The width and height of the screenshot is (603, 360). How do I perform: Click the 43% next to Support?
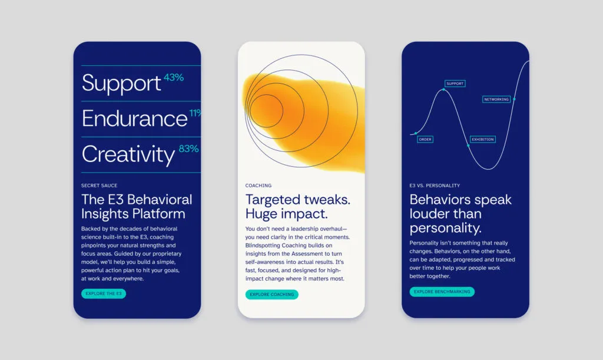tap(174, 77)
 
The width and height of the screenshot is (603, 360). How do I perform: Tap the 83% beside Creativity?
tap(189, 148)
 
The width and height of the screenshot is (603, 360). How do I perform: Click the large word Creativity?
tap(128, 154)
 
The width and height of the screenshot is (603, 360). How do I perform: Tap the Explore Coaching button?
tap(272, 295)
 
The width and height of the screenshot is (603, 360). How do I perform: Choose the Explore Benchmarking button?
tap(442, 292)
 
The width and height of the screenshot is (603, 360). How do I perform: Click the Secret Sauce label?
tap(99, 186)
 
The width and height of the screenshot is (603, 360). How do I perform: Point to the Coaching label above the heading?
tap(259, 186)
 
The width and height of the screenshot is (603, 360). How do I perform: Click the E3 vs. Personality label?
tap(435, 186)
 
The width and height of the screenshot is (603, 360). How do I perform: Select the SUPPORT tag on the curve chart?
tap(455, 84)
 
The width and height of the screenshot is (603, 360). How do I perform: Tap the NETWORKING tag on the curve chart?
tap(496, 99)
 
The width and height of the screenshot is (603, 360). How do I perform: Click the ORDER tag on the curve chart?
tap(425, 139)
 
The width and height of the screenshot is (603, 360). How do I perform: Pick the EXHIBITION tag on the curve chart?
tap(483, 139)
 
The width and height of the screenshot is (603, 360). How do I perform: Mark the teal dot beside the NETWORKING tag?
tap(514, 99)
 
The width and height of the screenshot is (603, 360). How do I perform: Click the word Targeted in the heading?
tap(273, 200)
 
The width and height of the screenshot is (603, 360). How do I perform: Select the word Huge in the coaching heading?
tap(261, 214)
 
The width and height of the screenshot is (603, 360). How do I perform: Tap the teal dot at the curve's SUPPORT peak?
tap(443, 90)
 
